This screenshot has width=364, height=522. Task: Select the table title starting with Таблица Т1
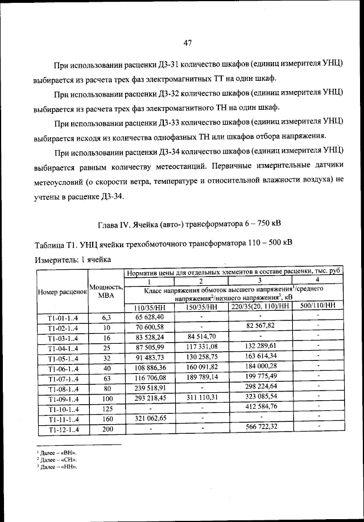pyautogui.click(x=164, y=244)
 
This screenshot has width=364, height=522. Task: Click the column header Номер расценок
pyautogui.click(x=61, y=291)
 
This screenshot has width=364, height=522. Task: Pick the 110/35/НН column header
pyautogui.click(x=147, y=307)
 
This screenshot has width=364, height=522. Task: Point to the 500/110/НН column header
pyautogui.click(x=318, y=307)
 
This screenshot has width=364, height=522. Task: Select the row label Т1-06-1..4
pyautogui.click(x=61, y=369)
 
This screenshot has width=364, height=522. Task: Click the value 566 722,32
pyautogui.click(x=260, y=427)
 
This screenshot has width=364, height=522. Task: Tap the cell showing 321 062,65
pyautogui.click(x=147, y=418)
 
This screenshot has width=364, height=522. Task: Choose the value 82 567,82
pyautogui.click(x=260, y=326)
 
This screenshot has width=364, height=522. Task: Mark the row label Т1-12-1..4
pyautogui.click(x=61, y=428)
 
